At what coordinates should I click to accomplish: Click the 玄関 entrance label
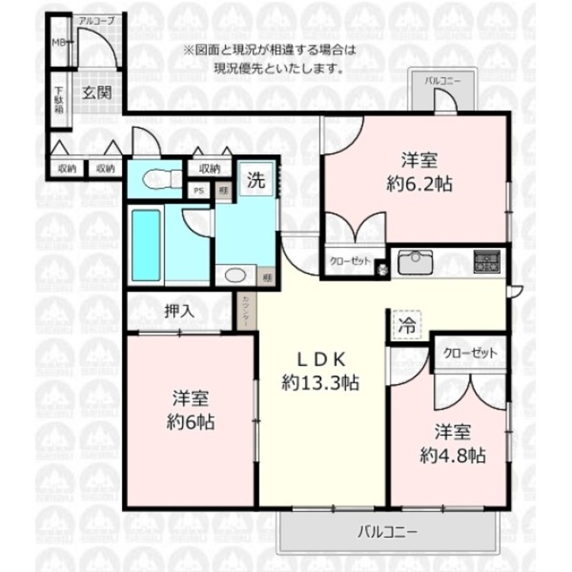tap(97, 94)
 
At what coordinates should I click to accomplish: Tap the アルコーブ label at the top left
tap(95, 21)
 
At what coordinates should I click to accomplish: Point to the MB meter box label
tap(57, 43)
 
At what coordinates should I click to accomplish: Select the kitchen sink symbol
tap(416, 262)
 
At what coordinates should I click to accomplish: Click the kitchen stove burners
tap(486, 262)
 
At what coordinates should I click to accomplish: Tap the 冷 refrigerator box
tap(406, 324)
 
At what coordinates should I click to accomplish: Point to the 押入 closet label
tap(178, 310)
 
